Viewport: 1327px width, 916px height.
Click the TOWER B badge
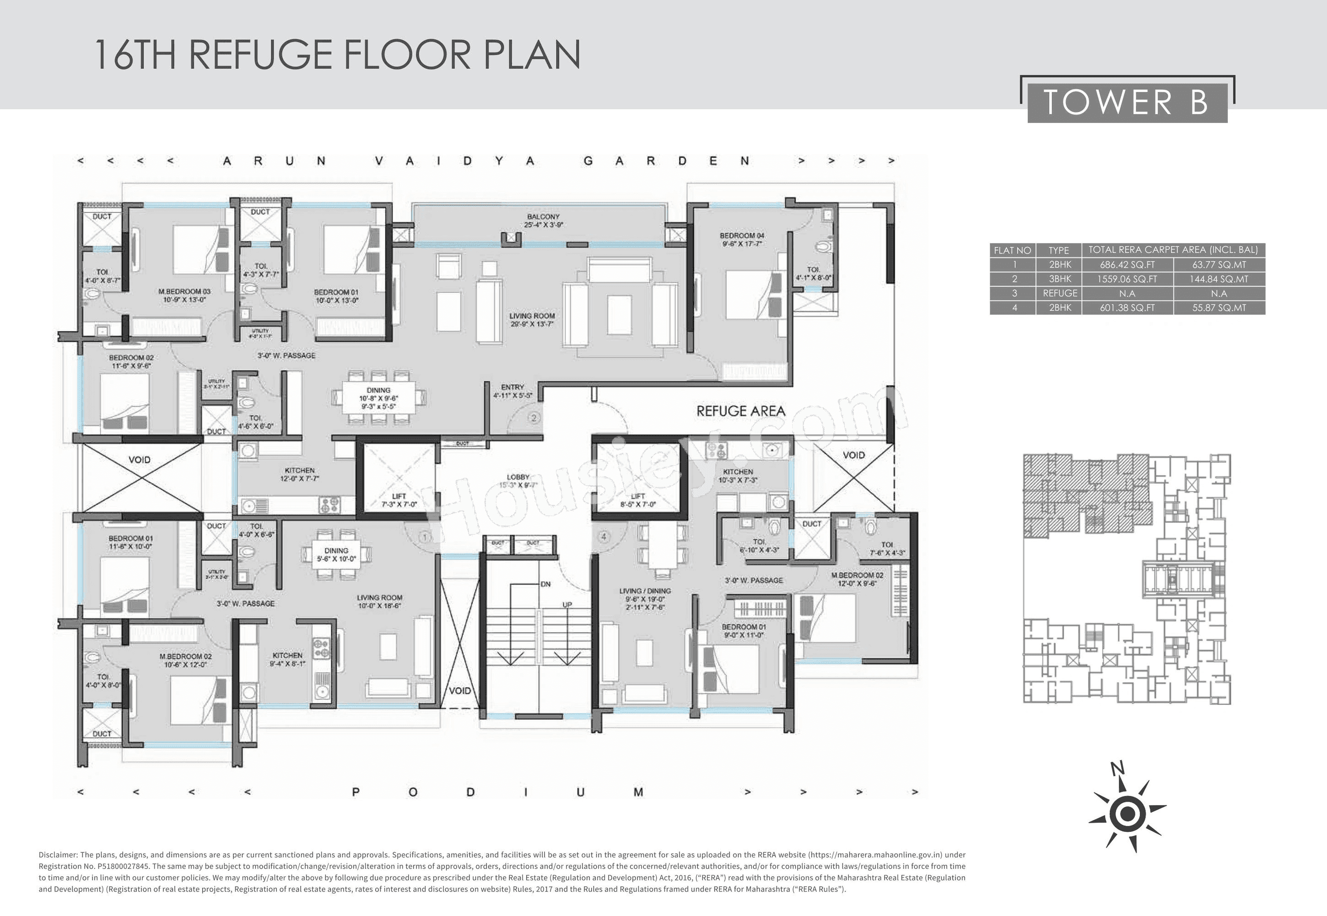pos(1127,103)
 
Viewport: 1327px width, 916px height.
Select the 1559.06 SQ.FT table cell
pos(1127,279)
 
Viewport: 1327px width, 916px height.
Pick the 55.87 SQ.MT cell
pos(1219,308)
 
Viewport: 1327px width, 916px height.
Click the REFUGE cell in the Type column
pos(1059,293)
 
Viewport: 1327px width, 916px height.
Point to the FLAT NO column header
pos(1012,250)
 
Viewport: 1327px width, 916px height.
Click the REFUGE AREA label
pos(740,411)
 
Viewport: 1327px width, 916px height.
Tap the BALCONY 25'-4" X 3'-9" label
pos(543,221)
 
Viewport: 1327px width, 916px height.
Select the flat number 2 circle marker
pos(534,418)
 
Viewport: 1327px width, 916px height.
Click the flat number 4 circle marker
pos(603,537)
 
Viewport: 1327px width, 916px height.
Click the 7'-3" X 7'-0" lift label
pos(399,500)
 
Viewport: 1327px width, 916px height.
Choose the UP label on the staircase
pos(567,605)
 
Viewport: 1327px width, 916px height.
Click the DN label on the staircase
pos(545,584)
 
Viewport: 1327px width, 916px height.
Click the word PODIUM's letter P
pos(356,792)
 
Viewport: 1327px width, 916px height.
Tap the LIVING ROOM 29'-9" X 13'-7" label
pos(532,320)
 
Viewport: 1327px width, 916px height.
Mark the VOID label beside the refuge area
pos(853,455)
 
